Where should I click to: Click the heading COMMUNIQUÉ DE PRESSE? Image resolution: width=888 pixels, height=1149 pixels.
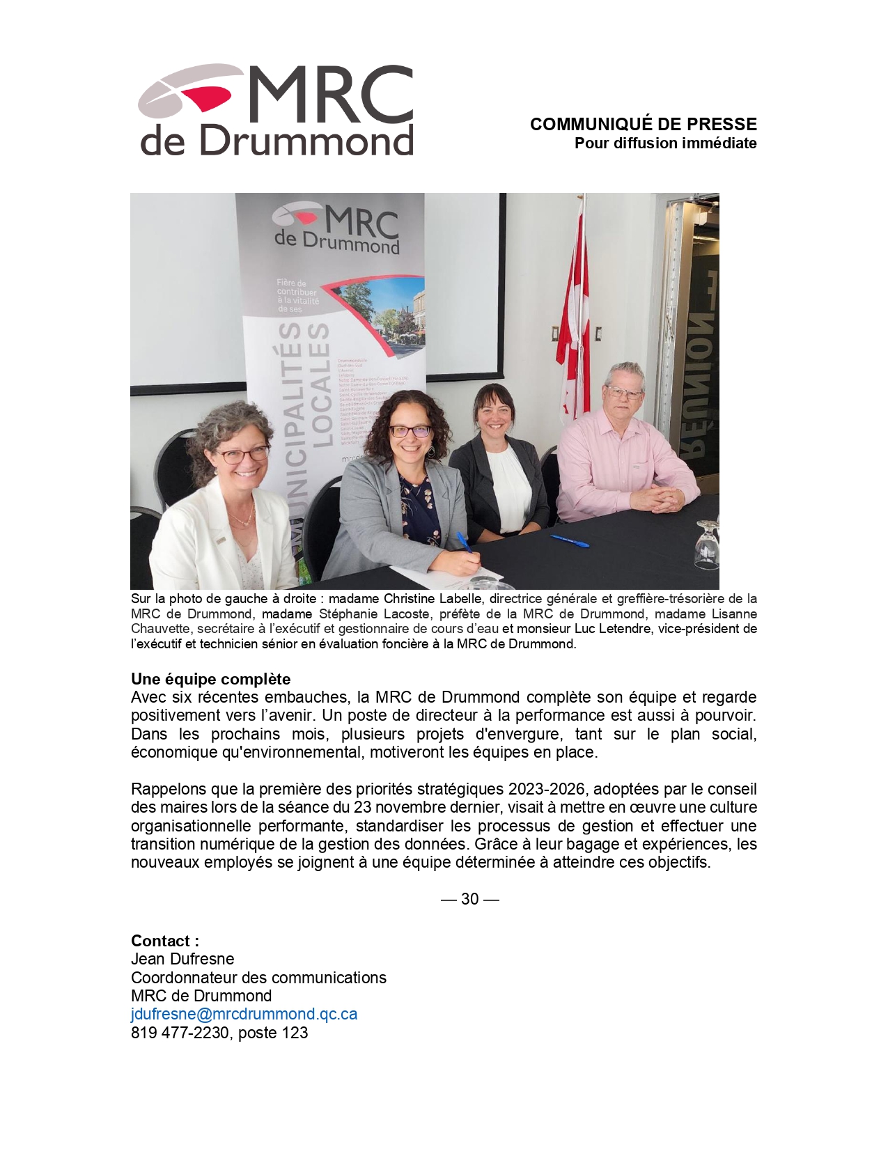pos(643,125)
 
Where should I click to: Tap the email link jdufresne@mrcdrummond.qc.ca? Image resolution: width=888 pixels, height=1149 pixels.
pos(244,1014)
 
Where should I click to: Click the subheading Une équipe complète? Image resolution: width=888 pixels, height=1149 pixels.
pos(210,679)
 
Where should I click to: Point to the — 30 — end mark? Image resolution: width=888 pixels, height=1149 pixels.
pos(470,899)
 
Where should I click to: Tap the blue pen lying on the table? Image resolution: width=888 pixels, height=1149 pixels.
pos(569,540)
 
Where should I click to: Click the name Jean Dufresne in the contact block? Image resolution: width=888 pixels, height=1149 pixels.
pos(182,959)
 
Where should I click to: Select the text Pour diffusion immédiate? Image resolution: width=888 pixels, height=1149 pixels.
pos(665,143)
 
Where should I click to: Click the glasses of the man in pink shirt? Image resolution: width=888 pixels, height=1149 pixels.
pos(624,392)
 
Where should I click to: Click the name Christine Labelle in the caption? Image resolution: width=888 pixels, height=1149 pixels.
pos(432,599)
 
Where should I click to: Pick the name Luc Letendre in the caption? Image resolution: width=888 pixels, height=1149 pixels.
pos(613,629)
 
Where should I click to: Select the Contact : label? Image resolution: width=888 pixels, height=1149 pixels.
pos(165,941)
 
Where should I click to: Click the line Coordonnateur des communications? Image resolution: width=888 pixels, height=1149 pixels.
pos(258,978)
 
